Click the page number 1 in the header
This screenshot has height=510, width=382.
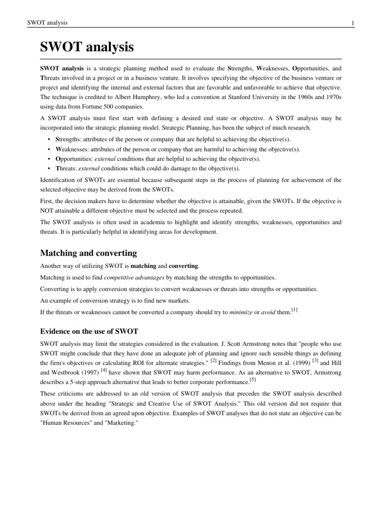pos(352,23)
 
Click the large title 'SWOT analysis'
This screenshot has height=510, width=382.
pos(87,47)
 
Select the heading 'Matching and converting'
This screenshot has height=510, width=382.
pos(88,253)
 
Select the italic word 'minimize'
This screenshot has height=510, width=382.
pos(242,313)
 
